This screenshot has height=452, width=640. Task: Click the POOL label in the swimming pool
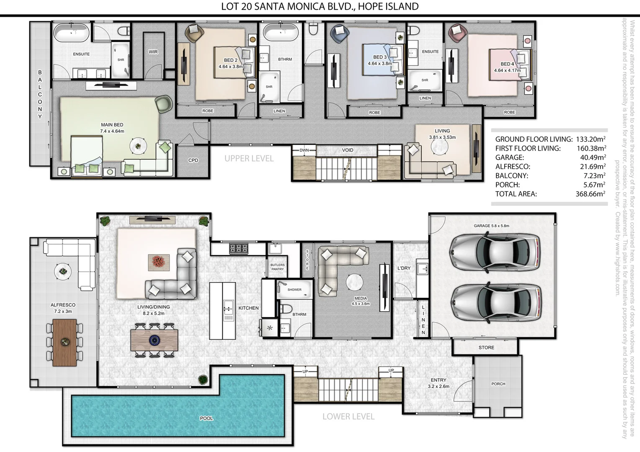coord(206,418)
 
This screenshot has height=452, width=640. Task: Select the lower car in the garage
coord(495,301)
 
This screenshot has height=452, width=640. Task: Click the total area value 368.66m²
coord(590,194)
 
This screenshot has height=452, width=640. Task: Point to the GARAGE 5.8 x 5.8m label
coord(491,226)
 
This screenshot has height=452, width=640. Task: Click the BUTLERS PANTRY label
coord(277,267)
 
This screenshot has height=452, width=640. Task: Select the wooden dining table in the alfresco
coord(65,342)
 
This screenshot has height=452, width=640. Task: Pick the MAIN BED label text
coord(112,125)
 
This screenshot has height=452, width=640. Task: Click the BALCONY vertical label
coord(40,94)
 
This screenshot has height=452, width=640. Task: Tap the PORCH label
coord(498,384)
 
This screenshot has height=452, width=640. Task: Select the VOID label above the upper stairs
coord(347,150)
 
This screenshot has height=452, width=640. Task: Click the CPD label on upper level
coord(193,160)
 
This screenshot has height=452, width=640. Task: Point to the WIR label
coord(153,52)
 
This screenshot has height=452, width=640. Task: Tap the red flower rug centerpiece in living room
coord(159,262)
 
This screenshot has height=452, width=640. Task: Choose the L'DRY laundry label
coord(404,268)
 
